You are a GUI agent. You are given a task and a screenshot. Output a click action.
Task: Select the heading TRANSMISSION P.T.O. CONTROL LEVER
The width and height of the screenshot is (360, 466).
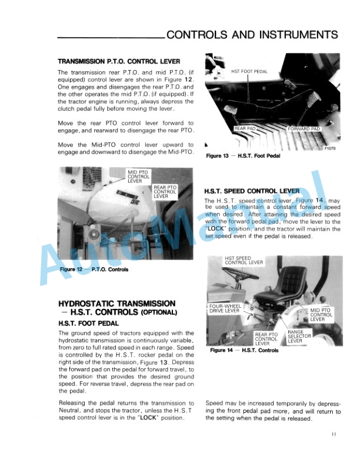click(x=118, y=61)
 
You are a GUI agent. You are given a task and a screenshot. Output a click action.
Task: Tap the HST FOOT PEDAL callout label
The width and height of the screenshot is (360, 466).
click(x=249, y=72)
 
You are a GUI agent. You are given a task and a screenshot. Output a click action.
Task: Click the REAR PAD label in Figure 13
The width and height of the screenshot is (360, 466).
click(x=245, y=128)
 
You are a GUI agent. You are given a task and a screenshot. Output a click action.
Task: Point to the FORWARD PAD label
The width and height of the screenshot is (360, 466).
click(x=304, y=128)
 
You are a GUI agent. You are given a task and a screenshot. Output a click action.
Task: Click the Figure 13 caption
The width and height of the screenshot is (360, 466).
click(x=243, y=156)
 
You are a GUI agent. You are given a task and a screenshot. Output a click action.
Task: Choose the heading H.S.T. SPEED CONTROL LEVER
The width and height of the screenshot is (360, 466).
click(x=252, y=191)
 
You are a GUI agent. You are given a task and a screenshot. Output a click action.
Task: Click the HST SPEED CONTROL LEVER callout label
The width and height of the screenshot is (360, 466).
click(x=244, y=260)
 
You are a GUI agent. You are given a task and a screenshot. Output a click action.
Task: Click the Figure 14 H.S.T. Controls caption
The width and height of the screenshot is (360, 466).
click(x=244, y=351)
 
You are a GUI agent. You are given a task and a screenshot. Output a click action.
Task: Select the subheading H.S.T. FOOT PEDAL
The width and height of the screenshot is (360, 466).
click(x=88, y=323)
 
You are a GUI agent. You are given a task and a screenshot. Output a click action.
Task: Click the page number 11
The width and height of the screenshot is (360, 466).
click(x=333, y=435)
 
